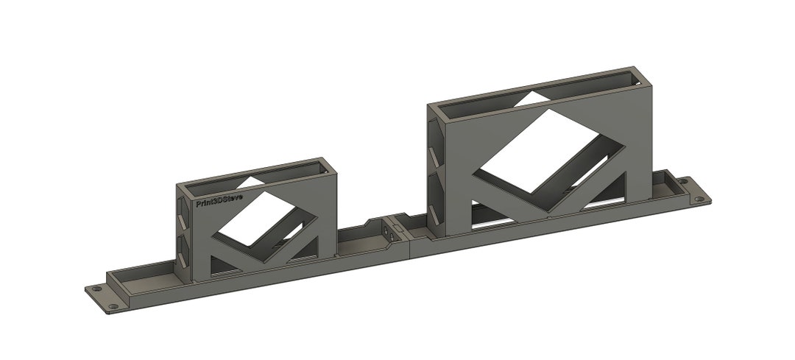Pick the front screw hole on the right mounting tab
point(697,200)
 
